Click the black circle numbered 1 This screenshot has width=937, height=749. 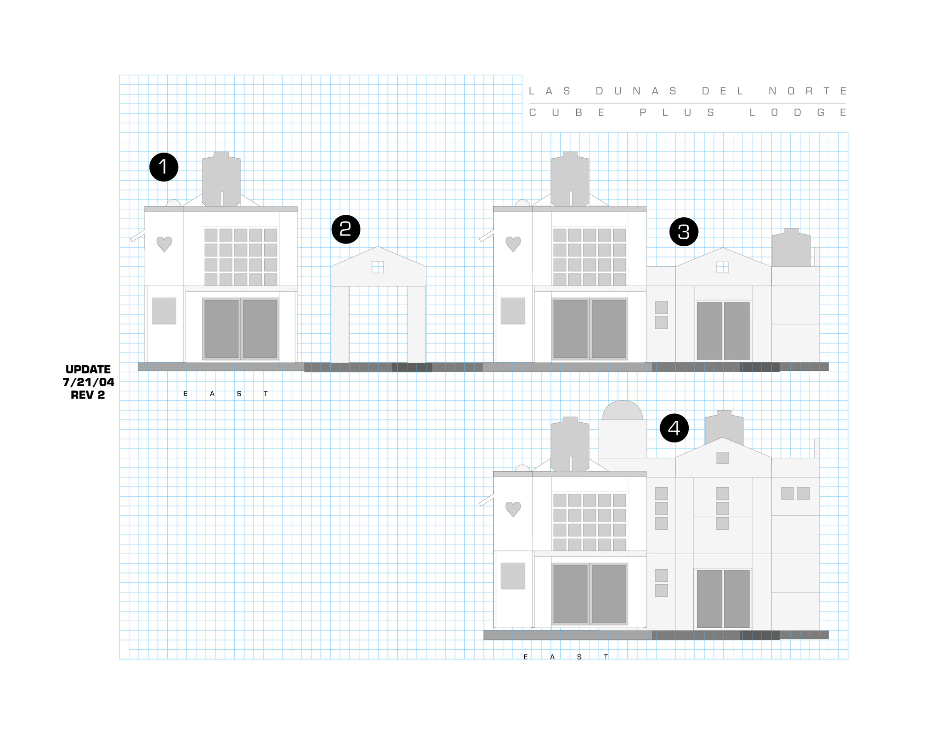click(x=164, y=167)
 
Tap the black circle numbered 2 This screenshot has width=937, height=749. click(x=346, y=229)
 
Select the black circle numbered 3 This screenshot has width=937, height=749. click(x=684, y=232)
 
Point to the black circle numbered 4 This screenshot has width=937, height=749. click(x=674, y=428)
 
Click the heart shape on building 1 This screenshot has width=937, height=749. click(x=164, y=244)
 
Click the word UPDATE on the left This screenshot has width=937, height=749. click(x=88, y=369)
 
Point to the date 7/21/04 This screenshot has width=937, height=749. click(x=89, y=382)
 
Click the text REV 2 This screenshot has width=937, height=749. click(x=88, y=395)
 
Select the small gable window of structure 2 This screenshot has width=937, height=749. click(x=378, y=267)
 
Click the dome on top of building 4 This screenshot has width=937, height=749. click(x=622, y=411)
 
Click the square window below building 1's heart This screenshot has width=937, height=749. click(x=164, y=311)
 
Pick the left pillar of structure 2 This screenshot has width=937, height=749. click(x=340, y=324)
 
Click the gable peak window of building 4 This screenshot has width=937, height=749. click(x=722, y=458)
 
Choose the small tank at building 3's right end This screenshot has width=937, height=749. click(x=791, y=248)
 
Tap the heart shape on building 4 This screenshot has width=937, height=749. click(x=513, y=509)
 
